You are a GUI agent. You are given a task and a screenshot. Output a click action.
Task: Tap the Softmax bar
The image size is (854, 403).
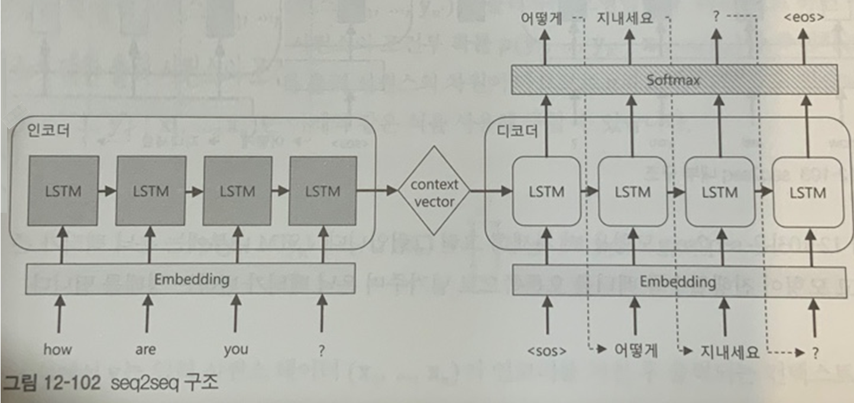674,80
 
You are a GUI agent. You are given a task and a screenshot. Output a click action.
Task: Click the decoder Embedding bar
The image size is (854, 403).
674,282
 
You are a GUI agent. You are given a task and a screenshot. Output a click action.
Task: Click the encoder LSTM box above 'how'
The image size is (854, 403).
63,191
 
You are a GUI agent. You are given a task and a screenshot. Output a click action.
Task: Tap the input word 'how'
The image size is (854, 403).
57,350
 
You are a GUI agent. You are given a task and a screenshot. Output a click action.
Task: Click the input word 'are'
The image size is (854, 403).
145,350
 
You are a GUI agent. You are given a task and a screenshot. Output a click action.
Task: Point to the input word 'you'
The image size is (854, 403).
236,350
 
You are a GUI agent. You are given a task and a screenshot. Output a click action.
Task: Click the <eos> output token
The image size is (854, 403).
803,18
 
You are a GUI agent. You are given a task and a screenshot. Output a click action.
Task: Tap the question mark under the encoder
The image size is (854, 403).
322,350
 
